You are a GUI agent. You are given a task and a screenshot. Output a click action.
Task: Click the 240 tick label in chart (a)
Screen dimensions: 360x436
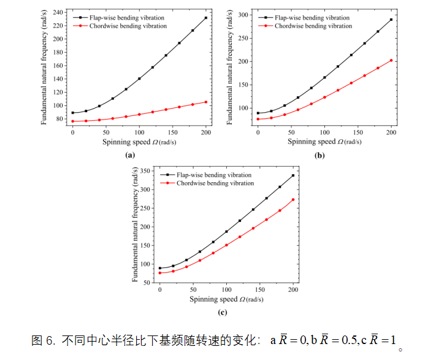pyautogui.click(x=58, y=12)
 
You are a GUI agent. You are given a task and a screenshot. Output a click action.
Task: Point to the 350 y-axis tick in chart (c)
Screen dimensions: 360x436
pyautogui.click(x=146, y=170)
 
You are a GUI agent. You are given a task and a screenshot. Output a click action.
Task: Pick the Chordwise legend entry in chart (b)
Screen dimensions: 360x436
pyautogui.click(x=313, y=26)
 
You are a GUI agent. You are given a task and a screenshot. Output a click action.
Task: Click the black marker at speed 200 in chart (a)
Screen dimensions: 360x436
pyautogui.click(x=205, y=18)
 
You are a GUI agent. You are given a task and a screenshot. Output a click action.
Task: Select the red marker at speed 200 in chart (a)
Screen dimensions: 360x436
pyautogui.click(x=205, y=102)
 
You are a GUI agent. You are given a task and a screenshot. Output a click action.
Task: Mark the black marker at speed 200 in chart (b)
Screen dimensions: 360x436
pyautogui.click(x=391, y=20)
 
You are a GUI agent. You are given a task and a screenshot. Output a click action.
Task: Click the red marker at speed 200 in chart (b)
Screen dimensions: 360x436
pyautogui.click(x=391, y=60)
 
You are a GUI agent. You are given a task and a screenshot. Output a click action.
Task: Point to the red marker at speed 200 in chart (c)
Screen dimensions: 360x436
pyautogui.click(x=293, y=199)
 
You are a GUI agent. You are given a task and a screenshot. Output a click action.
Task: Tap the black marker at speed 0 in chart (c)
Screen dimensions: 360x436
pyautogui.click(x=159, y=268)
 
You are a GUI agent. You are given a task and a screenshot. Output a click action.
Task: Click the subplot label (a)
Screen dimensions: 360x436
pyautogui.click(x=129, y=155)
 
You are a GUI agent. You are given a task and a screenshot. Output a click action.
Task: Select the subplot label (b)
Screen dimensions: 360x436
pyautogui.click(x=319, y=155)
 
